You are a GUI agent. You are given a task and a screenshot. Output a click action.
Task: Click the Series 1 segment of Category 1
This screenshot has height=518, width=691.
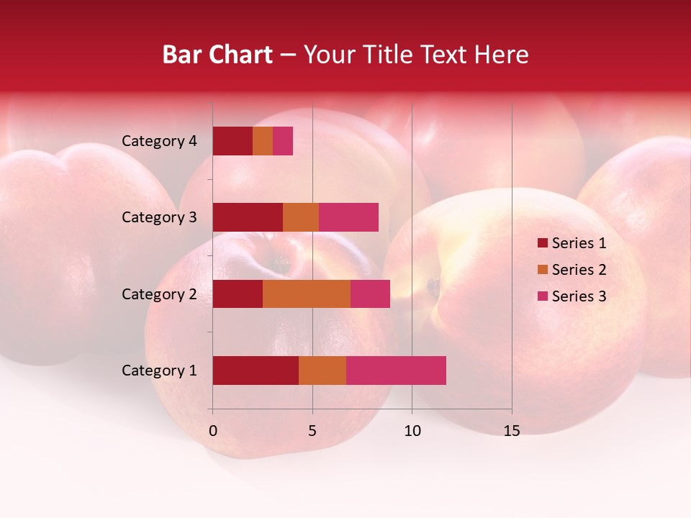pos(256,371)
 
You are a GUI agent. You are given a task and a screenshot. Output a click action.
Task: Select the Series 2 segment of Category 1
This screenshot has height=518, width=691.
pos(322,371)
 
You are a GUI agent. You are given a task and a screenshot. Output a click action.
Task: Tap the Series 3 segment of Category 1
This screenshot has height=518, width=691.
pos(396,371)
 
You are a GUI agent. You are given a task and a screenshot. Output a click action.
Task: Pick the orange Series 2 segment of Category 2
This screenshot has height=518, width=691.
pos(307,294)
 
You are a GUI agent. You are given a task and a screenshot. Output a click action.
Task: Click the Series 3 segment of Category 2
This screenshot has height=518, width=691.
pos(370,294)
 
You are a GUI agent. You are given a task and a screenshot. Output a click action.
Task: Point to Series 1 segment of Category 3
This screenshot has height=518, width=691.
pos(248,217)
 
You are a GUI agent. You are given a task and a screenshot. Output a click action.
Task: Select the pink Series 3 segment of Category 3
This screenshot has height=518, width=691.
pos(348,217)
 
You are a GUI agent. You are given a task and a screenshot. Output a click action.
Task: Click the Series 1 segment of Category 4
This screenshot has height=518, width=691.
pos(232,141)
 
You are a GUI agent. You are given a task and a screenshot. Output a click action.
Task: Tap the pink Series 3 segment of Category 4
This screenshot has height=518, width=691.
pos(283,141)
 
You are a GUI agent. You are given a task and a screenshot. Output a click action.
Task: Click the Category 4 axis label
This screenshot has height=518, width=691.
pos(159,141)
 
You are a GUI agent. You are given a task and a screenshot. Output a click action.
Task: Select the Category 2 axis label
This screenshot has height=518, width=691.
pos(159,294)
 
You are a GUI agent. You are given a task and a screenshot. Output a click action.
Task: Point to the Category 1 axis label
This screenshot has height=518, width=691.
pos(159,371)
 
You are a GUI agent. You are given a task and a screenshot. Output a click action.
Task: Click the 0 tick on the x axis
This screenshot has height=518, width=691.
pos(213,431)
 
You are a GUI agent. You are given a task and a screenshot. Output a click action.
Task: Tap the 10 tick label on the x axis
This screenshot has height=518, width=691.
pos(412,431)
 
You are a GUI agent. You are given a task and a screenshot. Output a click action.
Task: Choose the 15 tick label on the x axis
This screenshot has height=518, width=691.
pos(512,431)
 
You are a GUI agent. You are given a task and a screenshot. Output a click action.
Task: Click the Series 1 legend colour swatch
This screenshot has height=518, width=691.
pos(542,243)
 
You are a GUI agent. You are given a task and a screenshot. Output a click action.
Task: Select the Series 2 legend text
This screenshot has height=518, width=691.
pos(579,270)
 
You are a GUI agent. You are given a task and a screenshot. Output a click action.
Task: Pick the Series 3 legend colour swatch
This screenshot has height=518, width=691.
pos(542,296)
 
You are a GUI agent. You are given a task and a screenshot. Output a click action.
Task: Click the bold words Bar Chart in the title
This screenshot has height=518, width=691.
pos(217,55)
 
